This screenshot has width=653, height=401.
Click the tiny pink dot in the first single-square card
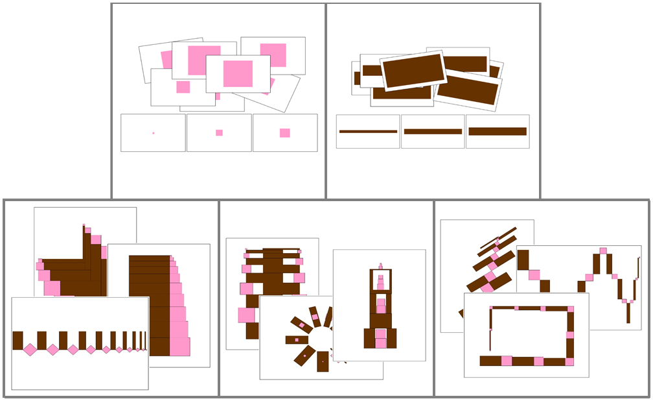154,133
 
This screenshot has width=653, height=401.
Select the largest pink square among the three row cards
284,133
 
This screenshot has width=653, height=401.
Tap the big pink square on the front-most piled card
238,73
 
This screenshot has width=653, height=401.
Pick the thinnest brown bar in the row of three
368,132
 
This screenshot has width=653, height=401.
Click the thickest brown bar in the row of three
498,131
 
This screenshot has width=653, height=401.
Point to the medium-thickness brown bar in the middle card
433,132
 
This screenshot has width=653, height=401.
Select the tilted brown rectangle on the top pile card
413,71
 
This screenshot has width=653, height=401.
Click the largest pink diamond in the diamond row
30,349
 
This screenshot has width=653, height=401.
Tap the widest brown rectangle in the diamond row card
17,340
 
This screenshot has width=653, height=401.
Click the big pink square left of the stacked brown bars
246,315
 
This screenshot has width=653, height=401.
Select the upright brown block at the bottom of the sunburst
323,361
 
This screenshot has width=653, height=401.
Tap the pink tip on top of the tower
381,265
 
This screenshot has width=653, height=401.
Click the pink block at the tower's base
381,338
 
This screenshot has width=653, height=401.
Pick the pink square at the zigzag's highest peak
603,250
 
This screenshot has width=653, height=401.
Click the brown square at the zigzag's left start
523,260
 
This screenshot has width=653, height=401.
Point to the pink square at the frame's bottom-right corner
569,361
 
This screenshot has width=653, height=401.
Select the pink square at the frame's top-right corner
571,310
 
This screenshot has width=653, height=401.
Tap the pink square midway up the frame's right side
570,335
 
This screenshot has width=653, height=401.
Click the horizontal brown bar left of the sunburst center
297,339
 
